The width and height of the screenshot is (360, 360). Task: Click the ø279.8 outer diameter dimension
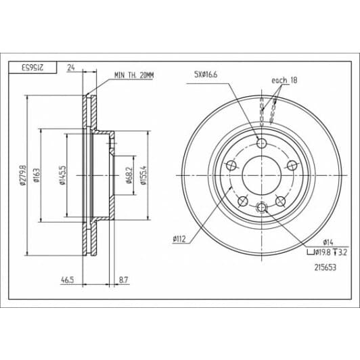pos(22,175)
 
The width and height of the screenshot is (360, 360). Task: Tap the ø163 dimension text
pos(37,176)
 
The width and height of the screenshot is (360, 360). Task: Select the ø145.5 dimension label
pos(62,175)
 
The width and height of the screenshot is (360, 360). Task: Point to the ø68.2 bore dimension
pos(129,176)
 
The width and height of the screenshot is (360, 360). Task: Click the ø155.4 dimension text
pos(143,175)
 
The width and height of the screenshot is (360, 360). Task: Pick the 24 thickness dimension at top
pos(71,68)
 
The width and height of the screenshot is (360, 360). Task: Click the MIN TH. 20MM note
pos(134,75)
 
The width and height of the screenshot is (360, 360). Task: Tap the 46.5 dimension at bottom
pos(68,280)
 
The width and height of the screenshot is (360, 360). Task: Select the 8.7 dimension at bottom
pos(124,280)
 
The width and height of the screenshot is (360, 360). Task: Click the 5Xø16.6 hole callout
pos(206,74)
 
